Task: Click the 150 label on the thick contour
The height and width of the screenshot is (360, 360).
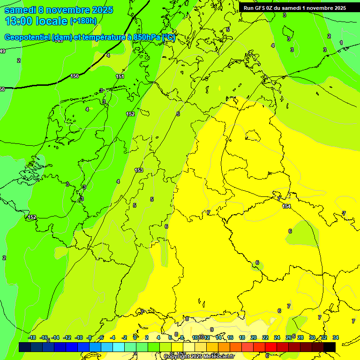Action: [75, 76]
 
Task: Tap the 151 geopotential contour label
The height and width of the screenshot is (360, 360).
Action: [120, 76]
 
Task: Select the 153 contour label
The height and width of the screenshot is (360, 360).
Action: [138, 170]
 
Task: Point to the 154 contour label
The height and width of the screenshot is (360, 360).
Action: [286, 206]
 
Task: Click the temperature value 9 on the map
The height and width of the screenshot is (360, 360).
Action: [212, 330]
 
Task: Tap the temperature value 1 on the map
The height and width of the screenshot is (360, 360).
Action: [341, 43]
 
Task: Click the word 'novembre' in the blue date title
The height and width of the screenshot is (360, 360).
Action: [67, 10]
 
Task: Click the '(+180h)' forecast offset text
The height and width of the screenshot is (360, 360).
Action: [83, 21]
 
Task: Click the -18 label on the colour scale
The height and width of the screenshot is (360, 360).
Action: [32, 337]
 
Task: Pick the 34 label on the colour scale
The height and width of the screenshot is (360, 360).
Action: [336, 337]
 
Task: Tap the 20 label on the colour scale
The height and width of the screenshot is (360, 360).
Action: [254, 337]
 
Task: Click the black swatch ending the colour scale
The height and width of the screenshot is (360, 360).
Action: [330, 347]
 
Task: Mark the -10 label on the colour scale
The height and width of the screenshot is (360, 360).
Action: [78, 337]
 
